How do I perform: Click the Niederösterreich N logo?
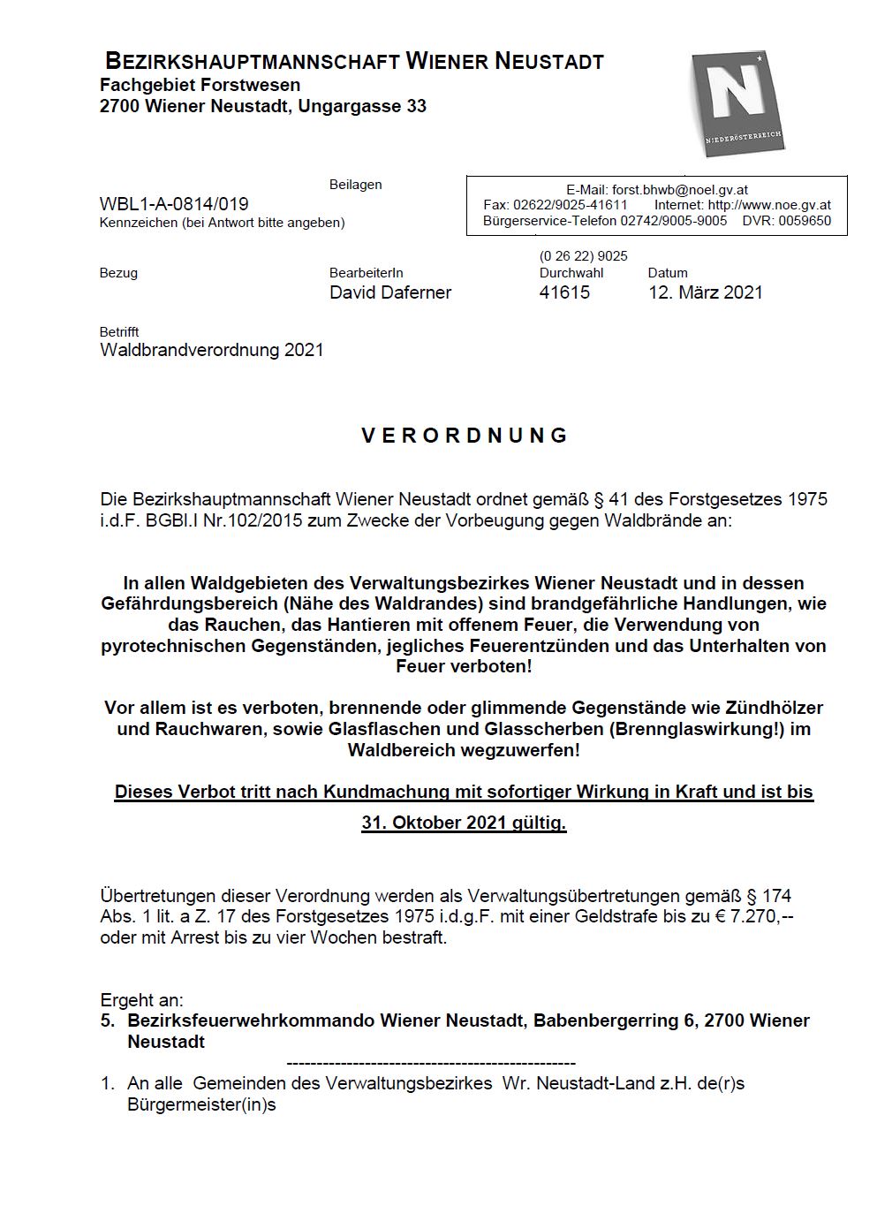tap(737, 103)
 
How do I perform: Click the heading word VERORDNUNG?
tap(465, 436)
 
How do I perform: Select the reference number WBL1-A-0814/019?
tap(174, 204)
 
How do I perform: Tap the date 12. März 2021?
tap(705, 292)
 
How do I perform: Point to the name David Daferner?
tap(389, 292)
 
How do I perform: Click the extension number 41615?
tap(564, 292)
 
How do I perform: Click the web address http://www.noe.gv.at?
tap(769, 205)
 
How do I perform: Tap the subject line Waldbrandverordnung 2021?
tap(212, 350)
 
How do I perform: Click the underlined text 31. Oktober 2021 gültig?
tap(464, 823)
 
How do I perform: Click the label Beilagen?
tap(355, 185)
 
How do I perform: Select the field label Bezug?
tap(118, 273)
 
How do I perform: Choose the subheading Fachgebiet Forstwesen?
tap(200, 86)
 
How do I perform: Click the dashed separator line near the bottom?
tap(431, 1064)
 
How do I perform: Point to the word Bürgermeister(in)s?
tap(201, 1105)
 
